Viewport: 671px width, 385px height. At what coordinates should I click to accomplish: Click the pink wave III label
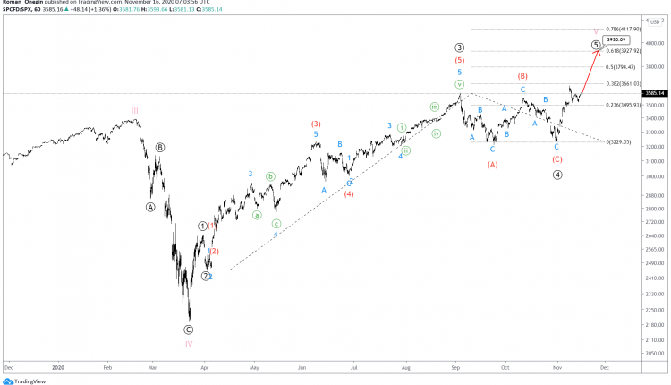(134, 111)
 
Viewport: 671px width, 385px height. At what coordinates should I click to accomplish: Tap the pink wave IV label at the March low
(189, 344)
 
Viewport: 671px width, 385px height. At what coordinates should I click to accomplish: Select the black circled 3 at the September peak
(459, 47)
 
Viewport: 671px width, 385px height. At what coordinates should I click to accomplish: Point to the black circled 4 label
(557, 175)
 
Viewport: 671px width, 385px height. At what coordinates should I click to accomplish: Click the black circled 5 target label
(596, 44)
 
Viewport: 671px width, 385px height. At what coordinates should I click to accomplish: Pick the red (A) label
(492, 165)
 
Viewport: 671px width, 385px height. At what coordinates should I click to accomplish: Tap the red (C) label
(556, 159)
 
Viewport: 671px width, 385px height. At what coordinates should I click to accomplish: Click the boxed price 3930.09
(614, 40)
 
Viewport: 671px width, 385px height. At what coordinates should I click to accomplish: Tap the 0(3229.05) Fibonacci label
(618, 142)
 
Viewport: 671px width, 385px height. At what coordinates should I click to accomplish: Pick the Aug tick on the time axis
(405, 367)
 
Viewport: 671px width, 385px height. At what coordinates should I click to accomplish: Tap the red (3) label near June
(316, 124)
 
